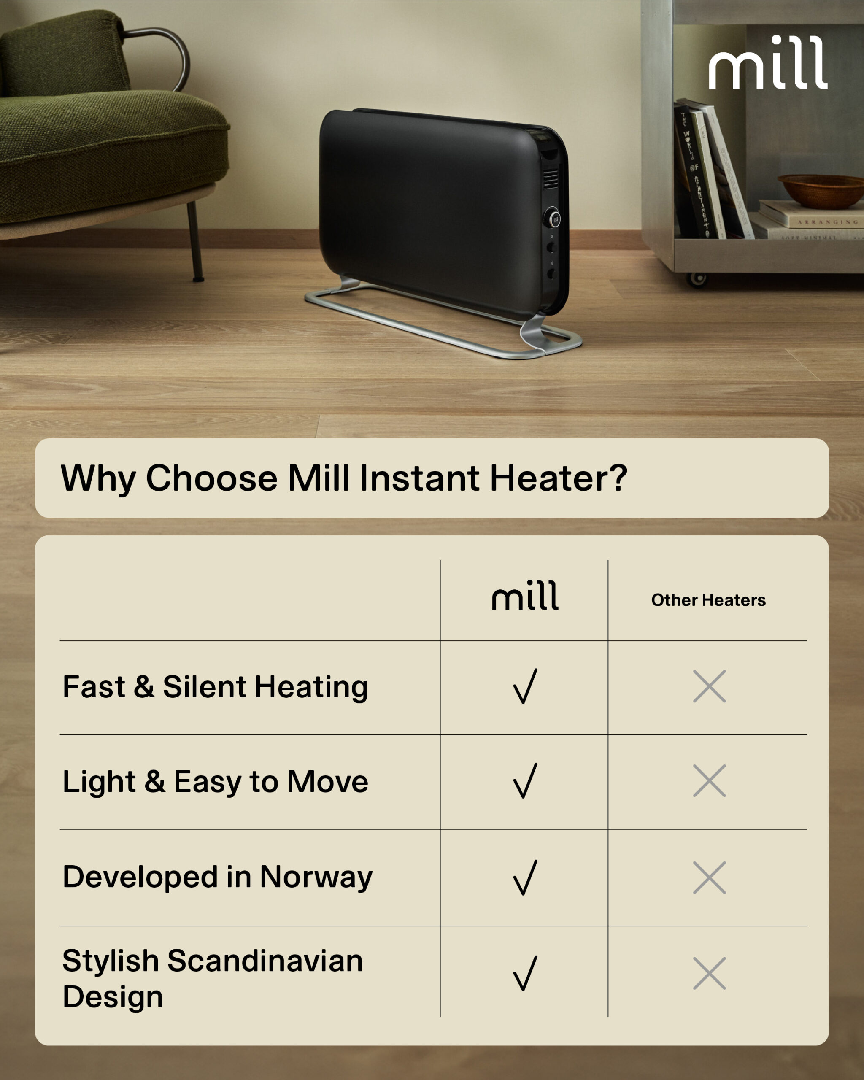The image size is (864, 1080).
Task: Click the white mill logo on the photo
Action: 767,63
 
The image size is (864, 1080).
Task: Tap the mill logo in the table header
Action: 525,596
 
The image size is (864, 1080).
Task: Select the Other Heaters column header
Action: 708,600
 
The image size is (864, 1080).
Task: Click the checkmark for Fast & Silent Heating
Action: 525,686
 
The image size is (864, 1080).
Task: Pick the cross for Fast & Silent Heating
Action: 709,686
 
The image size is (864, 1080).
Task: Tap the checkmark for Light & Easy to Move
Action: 525,780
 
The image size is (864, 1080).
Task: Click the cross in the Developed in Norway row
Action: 709,877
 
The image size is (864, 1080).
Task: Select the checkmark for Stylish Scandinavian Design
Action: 525,973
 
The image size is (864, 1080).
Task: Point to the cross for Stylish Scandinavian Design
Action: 709,973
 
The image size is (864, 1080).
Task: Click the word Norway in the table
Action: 316,877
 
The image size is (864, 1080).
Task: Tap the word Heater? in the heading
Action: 558,478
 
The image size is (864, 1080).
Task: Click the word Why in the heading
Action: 98,478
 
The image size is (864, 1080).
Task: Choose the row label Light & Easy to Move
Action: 216,781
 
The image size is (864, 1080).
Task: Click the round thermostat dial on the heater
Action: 553,219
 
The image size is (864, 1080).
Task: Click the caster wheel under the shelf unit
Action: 697,279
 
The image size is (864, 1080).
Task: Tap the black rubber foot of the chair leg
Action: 199,278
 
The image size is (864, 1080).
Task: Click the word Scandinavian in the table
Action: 265,961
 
